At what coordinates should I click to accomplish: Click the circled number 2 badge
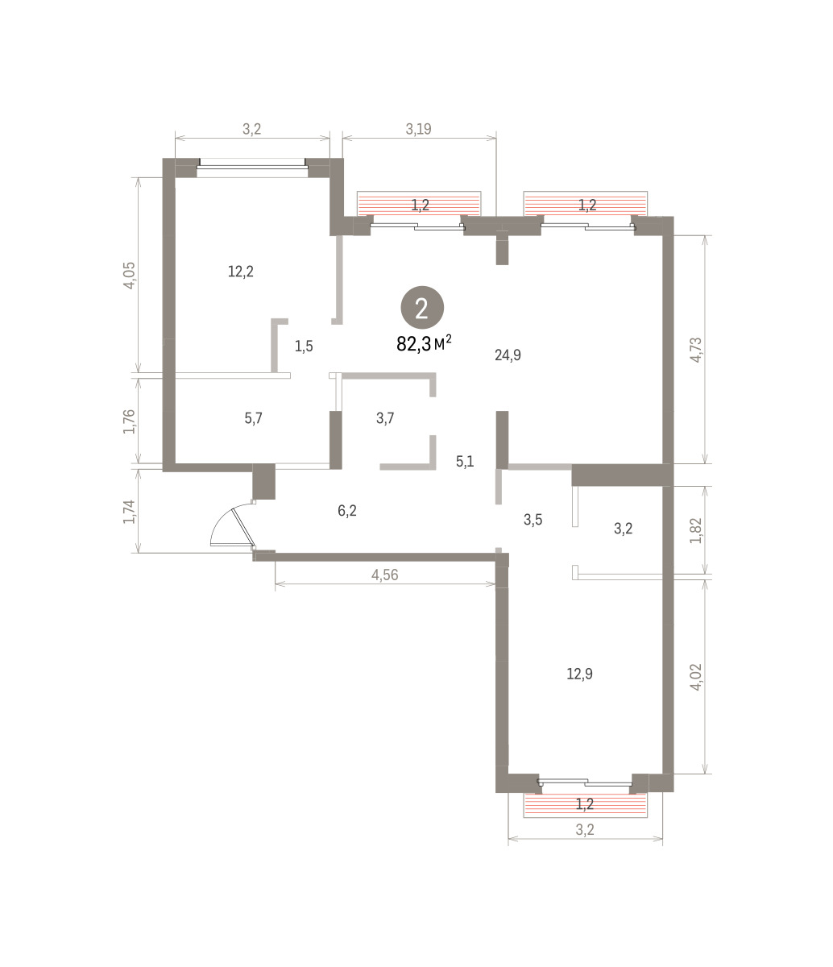tap(422, 309)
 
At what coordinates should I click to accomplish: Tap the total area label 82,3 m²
tap(424, 343)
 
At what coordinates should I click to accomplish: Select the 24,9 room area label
tap(508, 355)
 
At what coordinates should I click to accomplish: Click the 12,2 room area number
tap(240, 272)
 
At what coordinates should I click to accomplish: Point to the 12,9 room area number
tap(579, 674)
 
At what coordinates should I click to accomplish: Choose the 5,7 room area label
tap(253, 418)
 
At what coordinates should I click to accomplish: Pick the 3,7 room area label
tap(385, 418)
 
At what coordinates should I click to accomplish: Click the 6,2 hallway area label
tap(347, 510)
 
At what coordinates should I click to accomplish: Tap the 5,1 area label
tap(465, 462)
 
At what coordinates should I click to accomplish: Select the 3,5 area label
tap(533, 519)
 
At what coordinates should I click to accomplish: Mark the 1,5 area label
tap(304, 347)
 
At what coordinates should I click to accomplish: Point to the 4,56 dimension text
tap(384, 575)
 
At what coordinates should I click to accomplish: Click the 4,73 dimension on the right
tap(696, 350)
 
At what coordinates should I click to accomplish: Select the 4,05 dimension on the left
tap(129, 276)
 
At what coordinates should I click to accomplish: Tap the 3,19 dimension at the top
tap(418, 129)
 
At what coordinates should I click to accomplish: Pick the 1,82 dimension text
tap(696, 530)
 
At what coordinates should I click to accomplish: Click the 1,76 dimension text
tap(129, 421)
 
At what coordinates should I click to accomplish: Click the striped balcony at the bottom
tap(585, 804)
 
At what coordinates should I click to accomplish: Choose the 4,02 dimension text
tap(696, 676)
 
